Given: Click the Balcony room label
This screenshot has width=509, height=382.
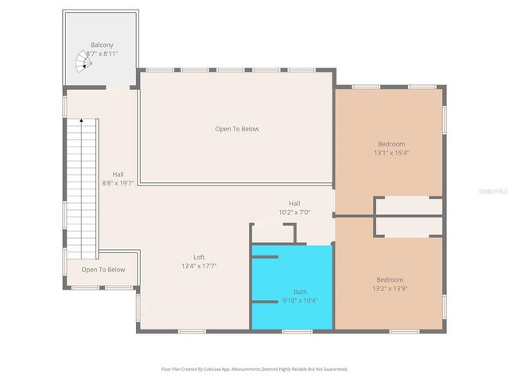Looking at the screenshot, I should pyautogui.click(x=101, y=45).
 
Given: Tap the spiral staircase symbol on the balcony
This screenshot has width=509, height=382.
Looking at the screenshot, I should pyautogui.click(x=84, y=60).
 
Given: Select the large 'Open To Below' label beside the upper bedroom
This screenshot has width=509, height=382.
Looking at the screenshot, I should pyautogui.click(x=236, y=129).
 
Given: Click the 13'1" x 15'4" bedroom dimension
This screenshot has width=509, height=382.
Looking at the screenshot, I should pyautogui.click(x=390, y=153).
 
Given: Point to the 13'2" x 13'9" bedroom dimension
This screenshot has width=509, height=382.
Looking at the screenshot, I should pyautogui.click(x=390, y=290).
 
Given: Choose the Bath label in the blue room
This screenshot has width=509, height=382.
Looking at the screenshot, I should pyautogui.click(x=299, y=291).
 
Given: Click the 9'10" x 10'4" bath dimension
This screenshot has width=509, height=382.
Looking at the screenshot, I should pyautogui.click(x=299, y=301).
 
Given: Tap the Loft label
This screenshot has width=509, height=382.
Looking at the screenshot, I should pyautogui.click(x=199, y=257).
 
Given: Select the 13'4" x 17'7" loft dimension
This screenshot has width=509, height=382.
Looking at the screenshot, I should pyautogui.click(x=199, y=267).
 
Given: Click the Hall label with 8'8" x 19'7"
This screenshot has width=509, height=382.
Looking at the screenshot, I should pyautogui.click(x=118, y=174).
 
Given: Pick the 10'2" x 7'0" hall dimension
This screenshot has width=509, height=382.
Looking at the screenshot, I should pyautogui.click(x=293, y=212).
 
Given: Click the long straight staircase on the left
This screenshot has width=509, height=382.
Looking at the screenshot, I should pyautogui.click(x=81, y=187).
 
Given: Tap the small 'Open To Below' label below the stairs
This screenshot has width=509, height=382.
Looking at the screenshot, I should pyautogui.click(x=103, y=270).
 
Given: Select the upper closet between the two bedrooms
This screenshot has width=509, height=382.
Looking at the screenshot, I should pyautogui.click(x=408, y=206).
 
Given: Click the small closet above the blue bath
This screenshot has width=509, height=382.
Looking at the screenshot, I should pyautogui.click(x=273, y=233).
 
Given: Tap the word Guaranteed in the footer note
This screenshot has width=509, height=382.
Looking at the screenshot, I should pyautogui.click(x=332, y=369).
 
